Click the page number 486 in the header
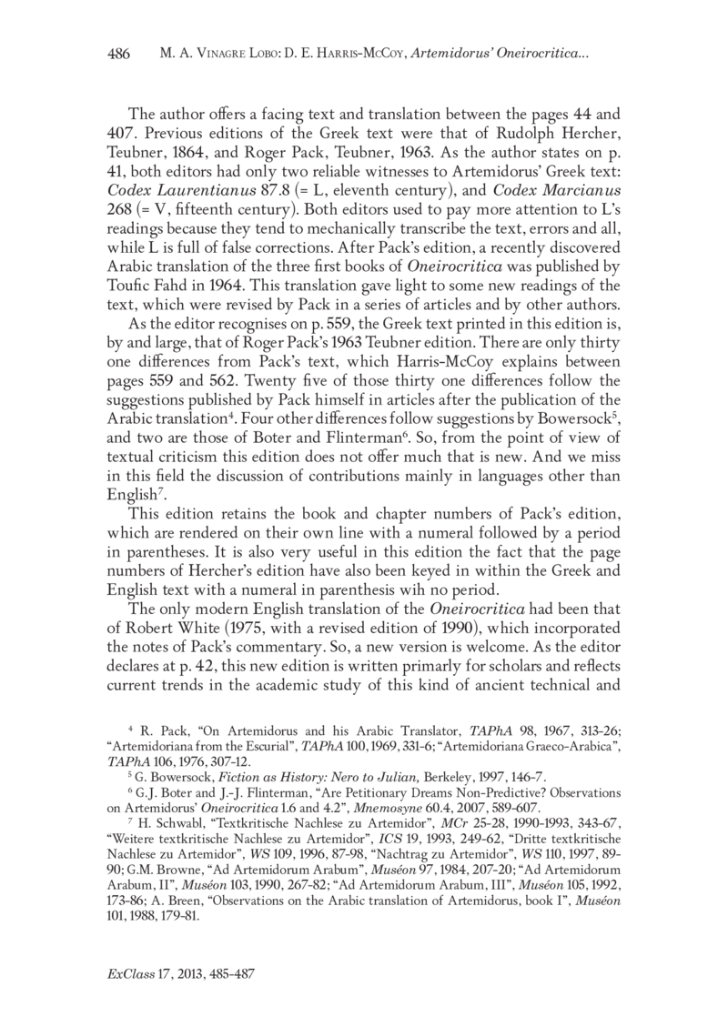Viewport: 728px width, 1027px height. click(x=120, y=54)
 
